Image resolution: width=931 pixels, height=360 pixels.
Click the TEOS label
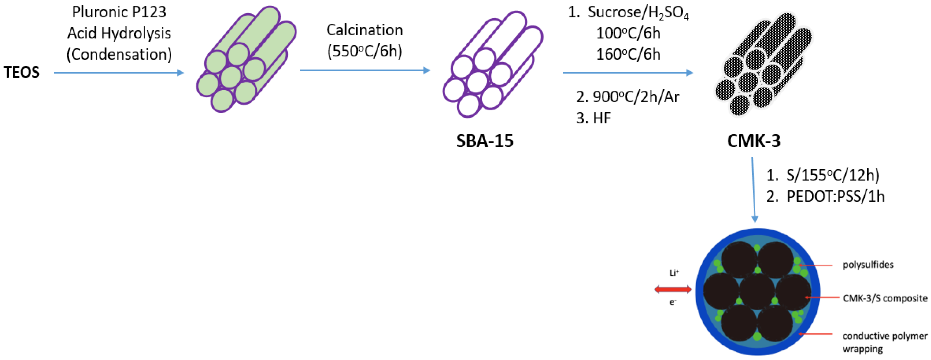point(22,72)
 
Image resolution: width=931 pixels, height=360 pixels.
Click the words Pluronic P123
point(119,12)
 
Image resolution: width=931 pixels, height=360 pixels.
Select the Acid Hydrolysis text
point(119,33)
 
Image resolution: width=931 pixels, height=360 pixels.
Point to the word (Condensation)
point(119,55)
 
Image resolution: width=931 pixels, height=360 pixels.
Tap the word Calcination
point(365,30)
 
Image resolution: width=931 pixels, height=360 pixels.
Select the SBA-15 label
point(485,141)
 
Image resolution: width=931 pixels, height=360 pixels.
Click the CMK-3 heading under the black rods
point(754,141)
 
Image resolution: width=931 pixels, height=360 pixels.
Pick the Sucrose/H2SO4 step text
point(638,13)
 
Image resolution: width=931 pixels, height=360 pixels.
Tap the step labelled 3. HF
point(593,118)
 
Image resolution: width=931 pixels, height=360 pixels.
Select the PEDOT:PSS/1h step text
point(836,197)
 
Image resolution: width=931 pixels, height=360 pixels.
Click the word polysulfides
point(868,265)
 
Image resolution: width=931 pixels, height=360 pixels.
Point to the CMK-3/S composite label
point(885,298)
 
